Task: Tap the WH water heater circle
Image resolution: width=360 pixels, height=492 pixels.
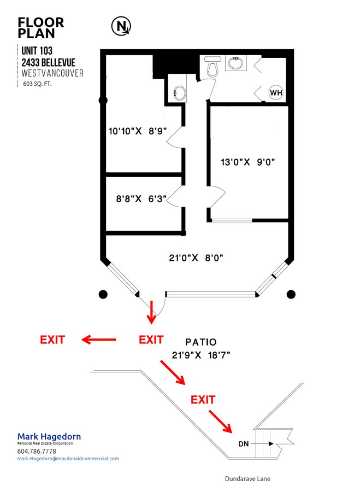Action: (x=276, y=92)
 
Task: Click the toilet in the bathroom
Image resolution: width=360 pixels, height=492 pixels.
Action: (x=214, y=67)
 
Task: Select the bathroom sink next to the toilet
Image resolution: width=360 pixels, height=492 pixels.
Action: (x=235, y=64)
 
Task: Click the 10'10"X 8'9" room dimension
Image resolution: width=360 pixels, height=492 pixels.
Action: (x=137, y=131)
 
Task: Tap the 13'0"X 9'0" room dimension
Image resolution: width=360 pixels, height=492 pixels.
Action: (x=247, y=162)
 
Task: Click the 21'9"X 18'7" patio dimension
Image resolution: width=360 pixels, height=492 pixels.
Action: (x=200, y=355)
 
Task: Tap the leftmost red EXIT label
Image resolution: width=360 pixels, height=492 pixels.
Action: (x=52, y=339)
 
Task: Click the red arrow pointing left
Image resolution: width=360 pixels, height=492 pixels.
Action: (x=99, y=340)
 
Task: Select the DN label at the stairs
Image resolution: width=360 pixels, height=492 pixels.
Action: (x=244, y=443)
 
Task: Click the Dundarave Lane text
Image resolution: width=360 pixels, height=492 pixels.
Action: (x=247, y=479)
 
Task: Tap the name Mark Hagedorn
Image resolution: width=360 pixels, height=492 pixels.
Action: (x=49, y=436)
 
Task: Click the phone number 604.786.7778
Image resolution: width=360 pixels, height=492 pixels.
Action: (x=37, y=451)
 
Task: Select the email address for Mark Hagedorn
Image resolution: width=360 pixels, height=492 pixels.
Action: (x=68, y=459)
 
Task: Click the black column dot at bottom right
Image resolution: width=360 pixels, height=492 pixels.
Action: (x=291, y=294)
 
